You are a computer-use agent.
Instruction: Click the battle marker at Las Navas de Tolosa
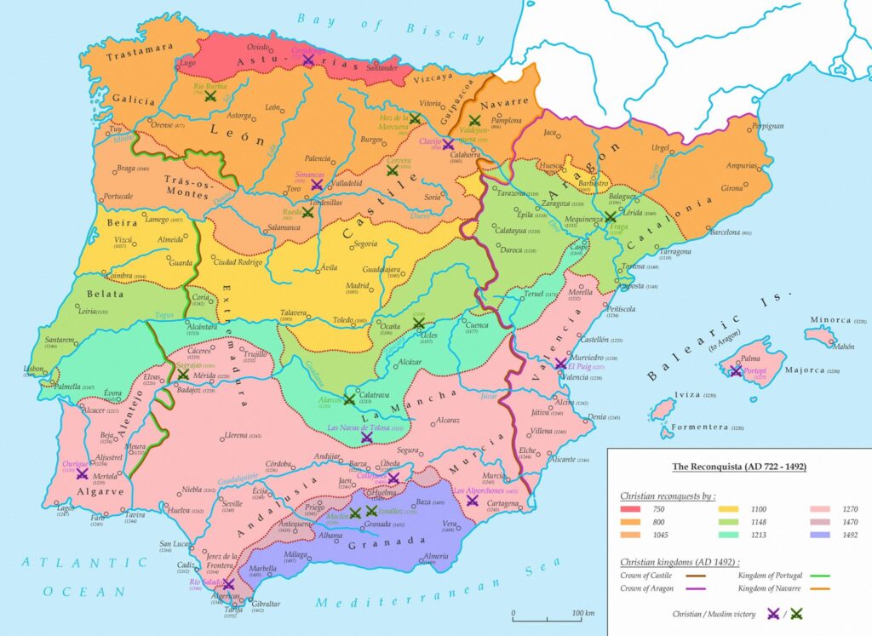(367, 438)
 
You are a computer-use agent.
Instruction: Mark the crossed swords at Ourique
(82, 473)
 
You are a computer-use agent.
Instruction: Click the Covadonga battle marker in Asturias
(308, 60)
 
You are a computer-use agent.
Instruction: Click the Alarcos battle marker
(349, 398)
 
